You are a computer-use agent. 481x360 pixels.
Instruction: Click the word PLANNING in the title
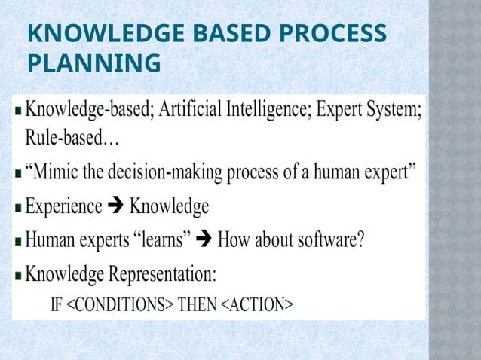93,63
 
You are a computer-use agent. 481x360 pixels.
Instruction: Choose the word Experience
64,206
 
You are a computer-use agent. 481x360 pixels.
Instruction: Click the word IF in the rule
57,305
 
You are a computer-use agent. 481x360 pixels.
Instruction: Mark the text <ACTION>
256,305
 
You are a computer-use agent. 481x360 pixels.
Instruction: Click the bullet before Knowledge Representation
19,276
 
